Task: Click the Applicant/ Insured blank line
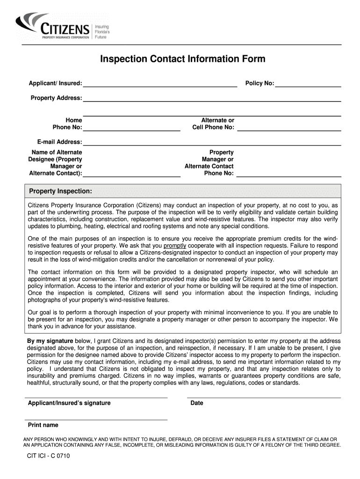click(x=160, y=85)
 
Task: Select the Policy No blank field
click(x=308, y=85)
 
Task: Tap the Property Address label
click(x=56, y=98)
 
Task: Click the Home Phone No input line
click(x=131, y=128)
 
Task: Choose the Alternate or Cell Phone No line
click(x=289, y=128)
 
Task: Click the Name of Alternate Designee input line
click(x=131, y=175)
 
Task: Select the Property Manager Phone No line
click(x=289, y=175)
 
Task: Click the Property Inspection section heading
click(x=60, y=191)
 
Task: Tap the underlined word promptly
click(x=175, y=246)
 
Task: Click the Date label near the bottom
click(x=197, y=403)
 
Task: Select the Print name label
click(x=43, y=425)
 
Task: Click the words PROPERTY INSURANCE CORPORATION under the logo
click(x=65, y=36)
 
